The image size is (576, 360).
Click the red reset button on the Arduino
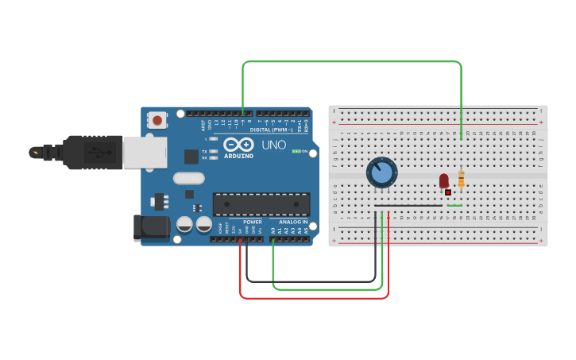(157, 121)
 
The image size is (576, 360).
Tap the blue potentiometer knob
(381, 172)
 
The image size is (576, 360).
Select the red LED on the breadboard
(443, 181)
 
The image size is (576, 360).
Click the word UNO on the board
(274, 145)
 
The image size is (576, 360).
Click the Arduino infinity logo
(238, 145)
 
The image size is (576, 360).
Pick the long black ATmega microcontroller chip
(261, 204)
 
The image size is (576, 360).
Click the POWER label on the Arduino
(253, 222)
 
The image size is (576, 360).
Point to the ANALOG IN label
(293, 222)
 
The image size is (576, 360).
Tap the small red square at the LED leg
(448, 192)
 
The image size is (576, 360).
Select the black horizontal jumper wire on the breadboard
(408, 207)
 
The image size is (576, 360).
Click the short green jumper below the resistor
(454, 207)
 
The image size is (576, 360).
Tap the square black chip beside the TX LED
(191, 157)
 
